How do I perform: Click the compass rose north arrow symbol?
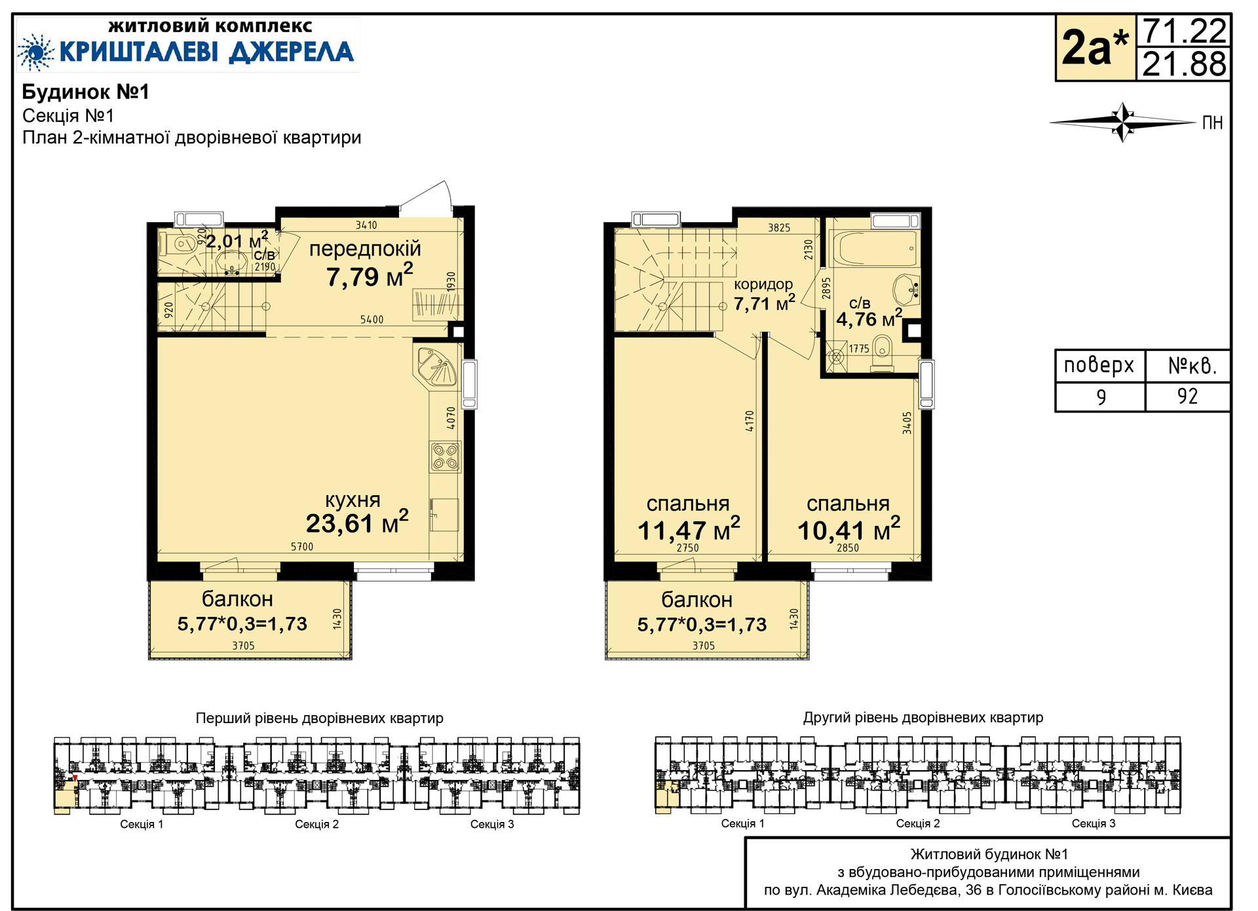click(1123, 122)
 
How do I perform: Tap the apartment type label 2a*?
click(1095, 47)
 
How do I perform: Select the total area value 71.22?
click(1184, 31)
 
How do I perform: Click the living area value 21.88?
click(1184, 64)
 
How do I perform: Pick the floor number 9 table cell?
click(1101, 397)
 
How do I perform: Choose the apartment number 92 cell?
click(1187, 396)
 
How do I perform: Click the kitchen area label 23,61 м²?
click(357, 523)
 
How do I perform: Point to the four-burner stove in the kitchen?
click(446, 456)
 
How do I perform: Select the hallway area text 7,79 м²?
click(370, 276)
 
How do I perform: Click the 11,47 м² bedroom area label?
click(689, 529)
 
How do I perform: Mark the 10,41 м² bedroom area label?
click(848, 529)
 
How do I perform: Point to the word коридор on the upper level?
click(763, 284)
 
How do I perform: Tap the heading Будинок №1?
click(86, 92)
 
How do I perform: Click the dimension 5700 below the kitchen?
click(302, 546)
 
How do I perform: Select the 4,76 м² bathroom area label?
click(869, 318)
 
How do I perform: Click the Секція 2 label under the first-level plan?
click(317, 824)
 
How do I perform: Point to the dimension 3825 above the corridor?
click(779, 228)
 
